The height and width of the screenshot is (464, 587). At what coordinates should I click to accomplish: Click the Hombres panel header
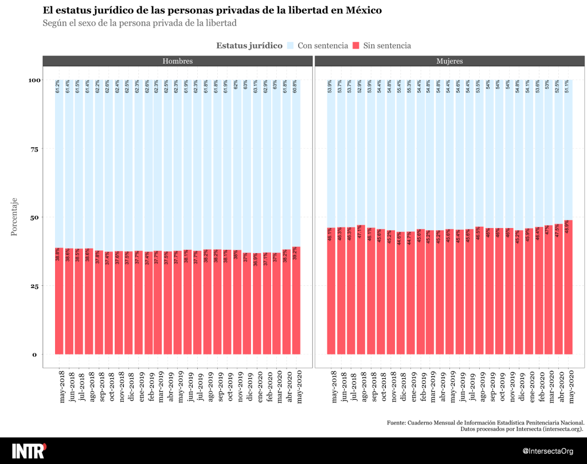pyautogui.click(x=177, y=61)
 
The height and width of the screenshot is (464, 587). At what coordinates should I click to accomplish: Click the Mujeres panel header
pyautogui.click(x=449, y=61)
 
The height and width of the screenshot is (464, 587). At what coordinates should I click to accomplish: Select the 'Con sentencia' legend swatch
pyautogui.click(x=290, y=46)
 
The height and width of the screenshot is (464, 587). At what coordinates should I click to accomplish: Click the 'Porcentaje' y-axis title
pyautogui.click(x=15, y=217)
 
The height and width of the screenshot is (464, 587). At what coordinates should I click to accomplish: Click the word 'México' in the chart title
pyautogui.click(x=363, y=11)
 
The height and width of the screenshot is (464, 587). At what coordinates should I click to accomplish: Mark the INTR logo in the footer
pyautogui.click(x=29, y=450)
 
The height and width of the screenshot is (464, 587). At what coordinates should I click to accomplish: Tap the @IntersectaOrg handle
pyautogui.click(x=549, y=451)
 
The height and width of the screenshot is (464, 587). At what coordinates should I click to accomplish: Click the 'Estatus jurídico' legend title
pyautogui.click(x=249, y=46)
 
